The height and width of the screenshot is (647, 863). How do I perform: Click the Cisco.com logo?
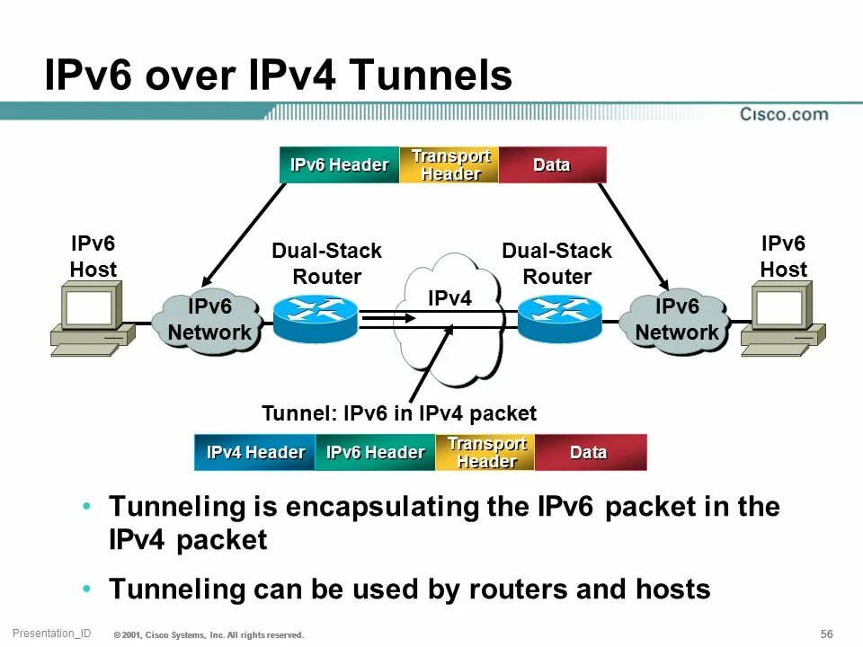click(x=784, y=114)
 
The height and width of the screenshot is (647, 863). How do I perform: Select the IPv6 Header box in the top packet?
click(x=339, y=164)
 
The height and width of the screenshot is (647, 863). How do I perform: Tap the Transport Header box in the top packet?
click(x=449, y=164)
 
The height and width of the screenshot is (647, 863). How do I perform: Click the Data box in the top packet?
click(x=552, y=164)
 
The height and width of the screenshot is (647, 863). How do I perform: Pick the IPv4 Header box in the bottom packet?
click(x=255, y=452)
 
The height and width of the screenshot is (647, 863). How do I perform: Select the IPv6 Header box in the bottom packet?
click(x=375, y=452)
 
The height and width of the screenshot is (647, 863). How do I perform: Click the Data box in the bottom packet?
click(x=590, y=452)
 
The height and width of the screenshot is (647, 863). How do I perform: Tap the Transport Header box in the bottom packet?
click(x=485, y=452)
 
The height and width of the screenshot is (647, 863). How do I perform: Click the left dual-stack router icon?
click(x=315, y=319)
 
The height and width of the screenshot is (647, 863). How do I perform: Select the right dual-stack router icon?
click(x=559, y=319)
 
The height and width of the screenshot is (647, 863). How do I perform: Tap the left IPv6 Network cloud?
click(x=209, y=321)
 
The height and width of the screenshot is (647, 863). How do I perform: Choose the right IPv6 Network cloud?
click(x=676, y=321)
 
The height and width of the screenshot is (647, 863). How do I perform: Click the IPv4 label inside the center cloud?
click(x=449, y=298)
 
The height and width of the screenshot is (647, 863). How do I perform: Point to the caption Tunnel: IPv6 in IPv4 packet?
click(x=398, y=413)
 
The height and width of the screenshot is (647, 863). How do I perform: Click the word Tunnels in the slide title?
click(x=431, y=77)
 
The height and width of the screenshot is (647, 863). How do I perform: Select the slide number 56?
click(x=826, y=634)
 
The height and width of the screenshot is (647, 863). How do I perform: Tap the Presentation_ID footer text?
click(x=51, y=634)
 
